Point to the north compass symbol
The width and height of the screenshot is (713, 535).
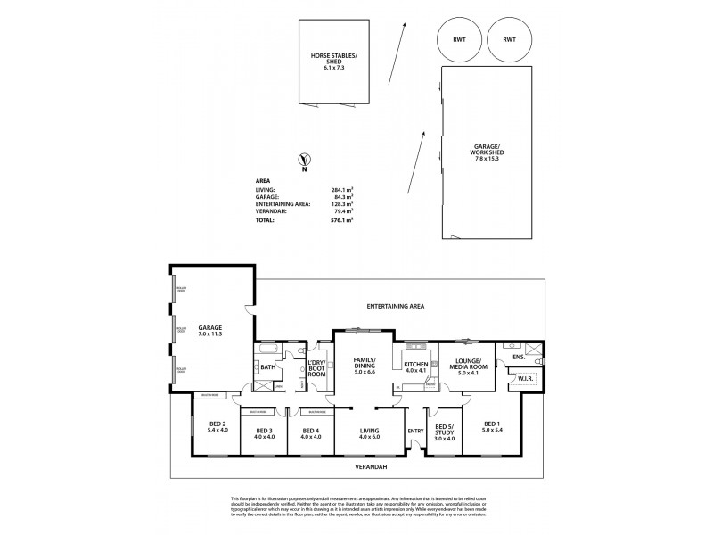305,162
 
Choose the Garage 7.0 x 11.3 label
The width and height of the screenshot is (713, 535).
210,331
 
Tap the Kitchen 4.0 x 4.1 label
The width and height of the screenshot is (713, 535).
415,369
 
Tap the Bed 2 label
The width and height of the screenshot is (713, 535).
217,427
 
